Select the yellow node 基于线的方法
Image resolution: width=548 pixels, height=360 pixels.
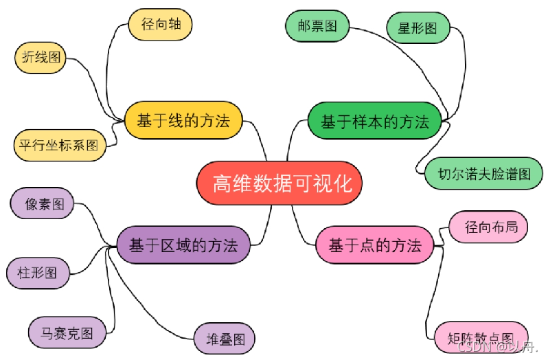tap(183, 122)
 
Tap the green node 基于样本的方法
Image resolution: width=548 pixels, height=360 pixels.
tap(374, 122)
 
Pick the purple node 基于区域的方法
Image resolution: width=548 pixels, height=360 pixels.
tap(183, 245)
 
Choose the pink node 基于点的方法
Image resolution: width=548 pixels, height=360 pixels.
tap(374, 245)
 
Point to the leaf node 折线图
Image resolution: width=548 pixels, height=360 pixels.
tap(41, 58)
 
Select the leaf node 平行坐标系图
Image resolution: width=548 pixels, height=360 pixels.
tap(59, 146)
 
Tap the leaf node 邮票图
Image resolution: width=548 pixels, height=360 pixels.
tap(317, 27)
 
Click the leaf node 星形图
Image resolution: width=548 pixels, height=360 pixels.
tap(418, 29)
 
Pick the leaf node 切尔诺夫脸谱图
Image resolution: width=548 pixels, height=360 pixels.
tap(485, 173)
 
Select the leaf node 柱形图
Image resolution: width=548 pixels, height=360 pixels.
tap(37, 272)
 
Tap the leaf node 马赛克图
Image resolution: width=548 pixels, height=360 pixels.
tap(68, 333)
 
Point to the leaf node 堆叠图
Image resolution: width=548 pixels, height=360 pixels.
tap(225, 338)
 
